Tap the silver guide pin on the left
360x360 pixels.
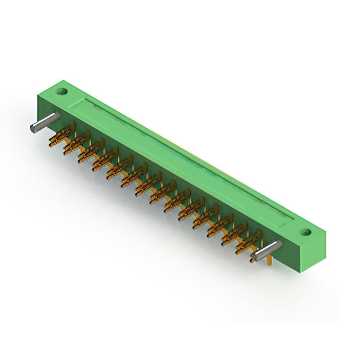coord(44,123)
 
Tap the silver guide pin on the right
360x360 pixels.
coord(268,250)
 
